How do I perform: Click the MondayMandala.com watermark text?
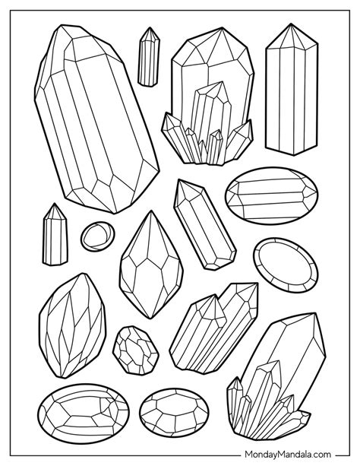coord(287,454)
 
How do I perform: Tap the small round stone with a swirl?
coord(97,236)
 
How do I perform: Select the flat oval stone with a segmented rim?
coord(286,265)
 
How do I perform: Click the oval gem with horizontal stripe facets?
coord(271,195)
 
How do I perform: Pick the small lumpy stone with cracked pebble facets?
coord(136,350)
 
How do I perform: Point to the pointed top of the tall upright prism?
coord(291,24)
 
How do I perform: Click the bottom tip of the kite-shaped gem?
coord(151,318)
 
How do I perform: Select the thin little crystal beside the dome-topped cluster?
coord(149,57)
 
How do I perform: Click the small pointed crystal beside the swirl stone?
coord(55,235)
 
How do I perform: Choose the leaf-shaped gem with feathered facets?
coord(72,326)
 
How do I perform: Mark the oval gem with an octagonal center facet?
coord(174,412)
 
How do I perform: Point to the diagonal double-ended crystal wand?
coord(204,224)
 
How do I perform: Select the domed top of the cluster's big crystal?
coord(213,46)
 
